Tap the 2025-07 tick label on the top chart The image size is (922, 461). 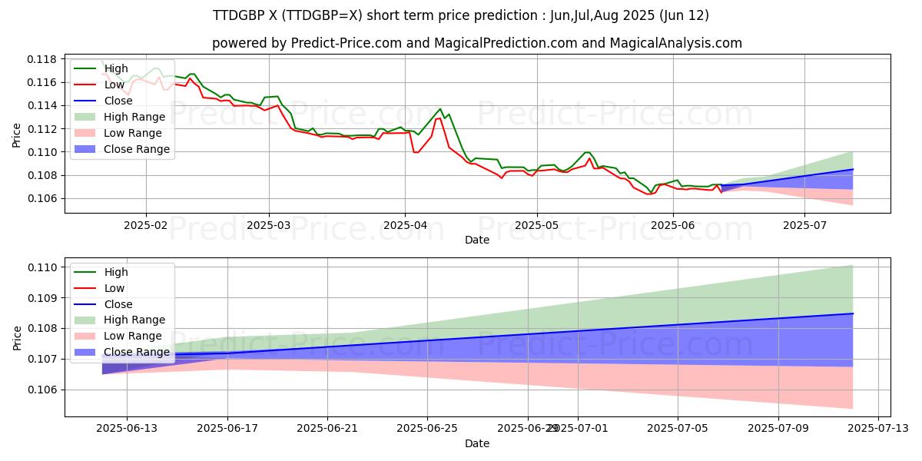click(x=804, y=227)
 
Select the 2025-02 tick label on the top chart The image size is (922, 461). click(x=146, y=227)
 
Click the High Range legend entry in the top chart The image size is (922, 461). click(x=134, y=117)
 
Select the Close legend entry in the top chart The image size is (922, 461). click(x=118, y=101)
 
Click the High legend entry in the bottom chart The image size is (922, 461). click(x=115, y=272)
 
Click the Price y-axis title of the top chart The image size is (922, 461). click(x=17, y=134)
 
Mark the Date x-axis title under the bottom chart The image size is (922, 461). click(x=477, y=443)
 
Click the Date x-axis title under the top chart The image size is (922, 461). click(x=477, y=240)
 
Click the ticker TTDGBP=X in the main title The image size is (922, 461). click(x=315, y=15)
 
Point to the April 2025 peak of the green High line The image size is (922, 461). click(x=440, y=108)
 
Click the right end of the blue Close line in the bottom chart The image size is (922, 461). click(x=853, y=313)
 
